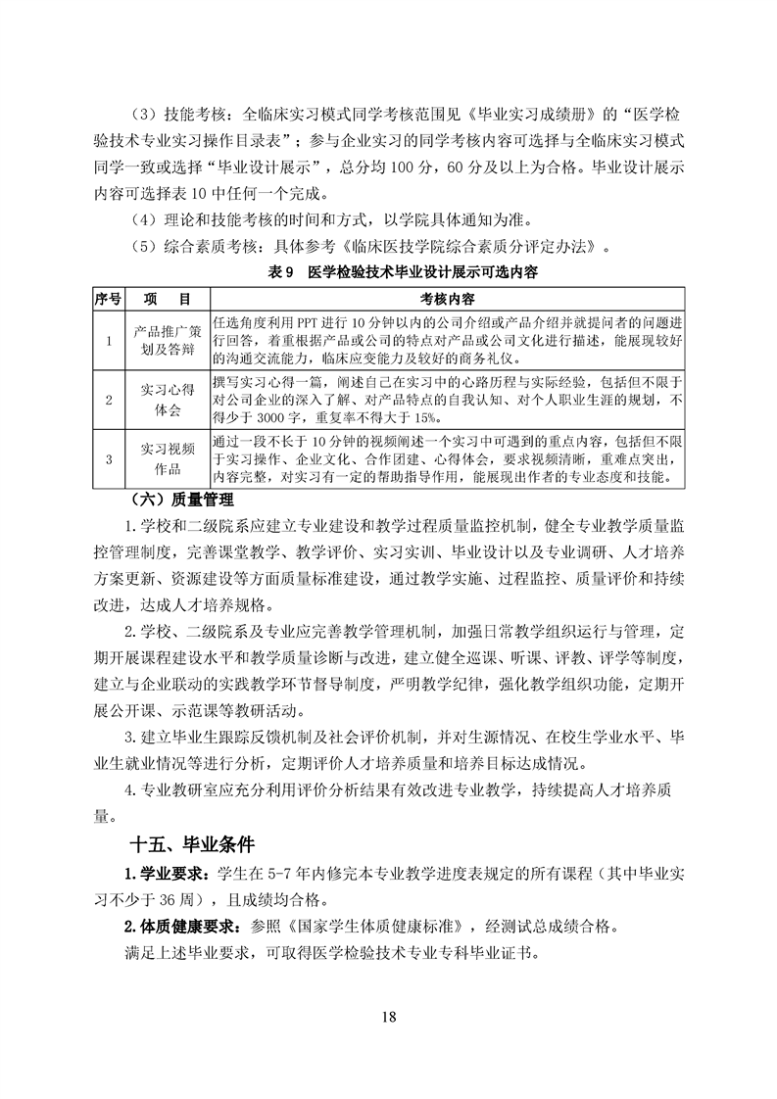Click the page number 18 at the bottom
coord(389,1015)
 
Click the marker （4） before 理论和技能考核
coord(143,218)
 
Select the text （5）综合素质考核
coord(193,244)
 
